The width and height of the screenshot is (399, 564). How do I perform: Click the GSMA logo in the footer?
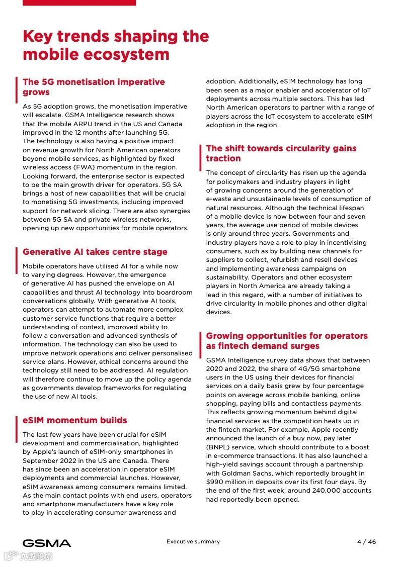click(x=47, y=543)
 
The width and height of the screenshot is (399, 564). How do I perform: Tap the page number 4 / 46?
click(x=366, y=542)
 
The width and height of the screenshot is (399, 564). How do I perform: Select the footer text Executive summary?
click(x=193, y=542)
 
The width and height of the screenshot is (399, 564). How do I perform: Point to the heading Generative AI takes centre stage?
click(x=95, y=252)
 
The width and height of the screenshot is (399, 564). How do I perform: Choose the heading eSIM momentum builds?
click(x=75, y=420)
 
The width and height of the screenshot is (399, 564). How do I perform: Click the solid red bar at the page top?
click(x=79, y=3)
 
